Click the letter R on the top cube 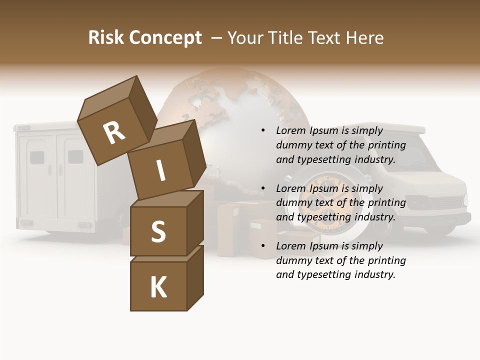click(114, 132)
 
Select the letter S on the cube click(158, 231)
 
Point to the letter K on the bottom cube click(158, 287)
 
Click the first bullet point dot click(263, 131)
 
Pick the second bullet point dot click(263, 188)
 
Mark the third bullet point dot click(263, 246)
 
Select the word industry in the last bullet click(375, 274)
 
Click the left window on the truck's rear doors click(37, 157)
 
